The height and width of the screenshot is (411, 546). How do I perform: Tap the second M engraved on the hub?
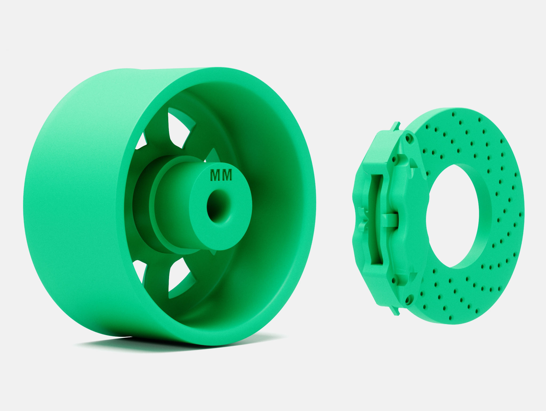click(227, 175)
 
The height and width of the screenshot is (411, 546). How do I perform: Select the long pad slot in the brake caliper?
click(376, 219)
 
